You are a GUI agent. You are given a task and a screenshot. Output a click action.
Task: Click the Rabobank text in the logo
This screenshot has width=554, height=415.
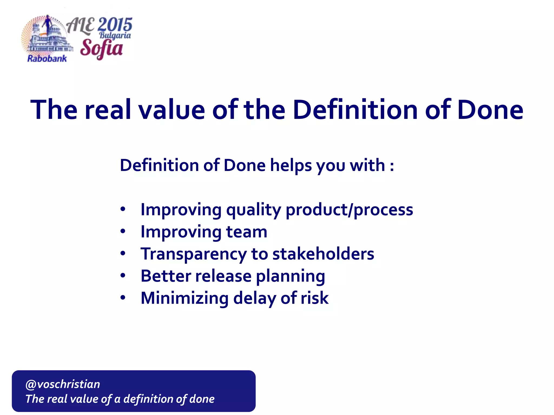coord(47,59)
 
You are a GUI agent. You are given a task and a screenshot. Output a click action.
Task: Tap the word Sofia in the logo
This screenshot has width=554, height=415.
coord(101,49)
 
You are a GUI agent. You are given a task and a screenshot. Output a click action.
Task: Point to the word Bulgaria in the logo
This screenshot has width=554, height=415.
coord(115,35)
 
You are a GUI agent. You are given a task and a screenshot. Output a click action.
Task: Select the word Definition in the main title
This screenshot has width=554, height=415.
coord(355,110)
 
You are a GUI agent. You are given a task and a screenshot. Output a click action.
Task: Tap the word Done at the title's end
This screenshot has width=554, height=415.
coord(490,110)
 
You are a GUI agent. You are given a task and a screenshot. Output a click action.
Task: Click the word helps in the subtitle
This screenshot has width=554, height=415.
coord(291,165)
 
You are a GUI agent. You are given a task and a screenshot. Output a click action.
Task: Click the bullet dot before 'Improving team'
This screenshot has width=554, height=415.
coord(123,231)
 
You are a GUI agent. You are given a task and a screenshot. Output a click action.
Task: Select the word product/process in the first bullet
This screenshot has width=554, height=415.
coord(349,210)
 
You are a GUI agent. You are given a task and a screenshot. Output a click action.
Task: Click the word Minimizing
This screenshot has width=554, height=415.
coord(185,298)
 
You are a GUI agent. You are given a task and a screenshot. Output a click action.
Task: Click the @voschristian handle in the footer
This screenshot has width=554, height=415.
coord(63,384)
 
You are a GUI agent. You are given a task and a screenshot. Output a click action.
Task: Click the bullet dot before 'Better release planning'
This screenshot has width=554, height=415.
coord(123,276)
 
